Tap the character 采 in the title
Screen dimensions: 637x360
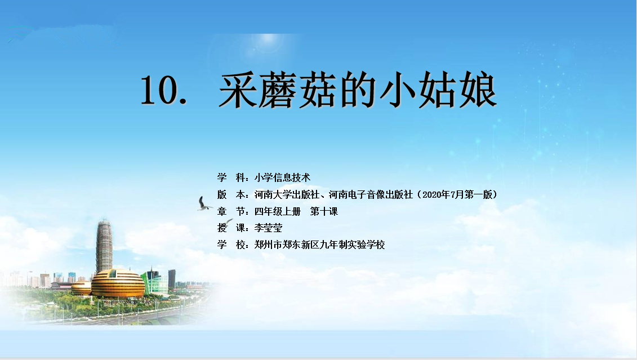[x=238, y=90]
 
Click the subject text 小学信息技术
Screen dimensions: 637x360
[x=282, y=177]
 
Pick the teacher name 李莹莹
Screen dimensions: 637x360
[x=268, y=228]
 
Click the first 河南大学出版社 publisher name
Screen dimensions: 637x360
[x=287, y=194]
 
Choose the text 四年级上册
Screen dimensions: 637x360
[x=278, y=211]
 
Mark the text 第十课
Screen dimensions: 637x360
[x=324, y=211]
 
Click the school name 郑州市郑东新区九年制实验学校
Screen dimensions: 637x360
[x=320, y=245]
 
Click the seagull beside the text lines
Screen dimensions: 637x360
[x=204, y=203]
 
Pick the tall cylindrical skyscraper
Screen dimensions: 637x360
[x=104, y=246]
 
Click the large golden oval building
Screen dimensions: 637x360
[x=118, y=283]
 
